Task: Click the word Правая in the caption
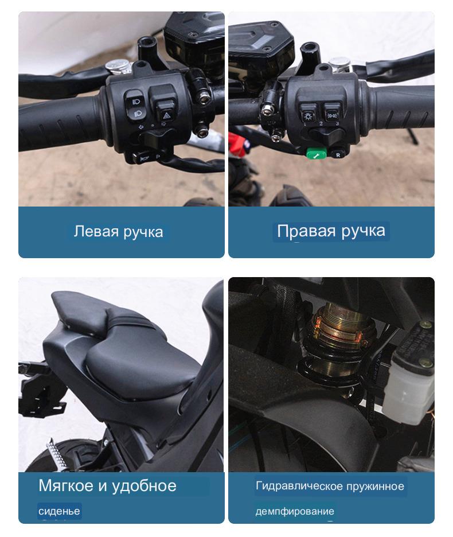306,231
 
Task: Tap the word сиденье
59,511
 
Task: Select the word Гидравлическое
299,486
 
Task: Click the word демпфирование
295,511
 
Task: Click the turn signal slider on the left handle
153,138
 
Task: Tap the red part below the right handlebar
239,145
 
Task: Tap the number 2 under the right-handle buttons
321,123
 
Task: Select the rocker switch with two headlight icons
134,106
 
